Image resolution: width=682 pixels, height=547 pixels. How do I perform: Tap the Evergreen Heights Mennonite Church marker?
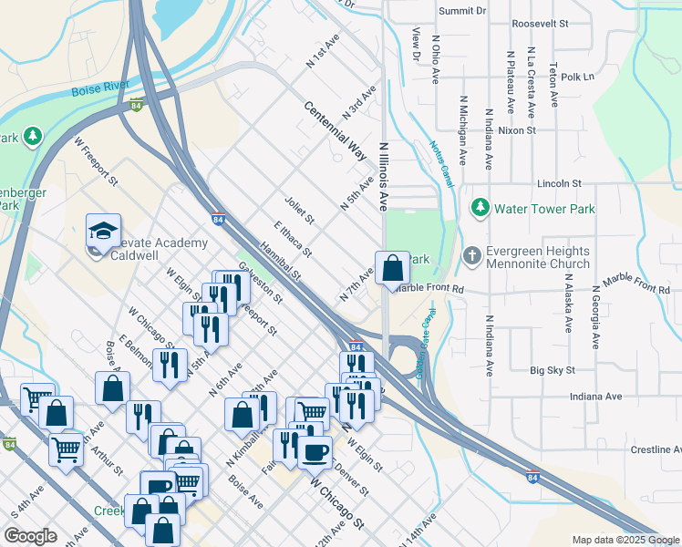pyautogui.click(x=471, y=253)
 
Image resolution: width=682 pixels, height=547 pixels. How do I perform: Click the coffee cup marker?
pyautogui.click(x=315, y=450)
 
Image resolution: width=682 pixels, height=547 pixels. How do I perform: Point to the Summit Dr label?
pyautogui.click(x=462, y=11)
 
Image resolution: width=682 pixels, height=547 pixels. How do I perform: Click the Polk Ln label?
pyautogui.click(x=577, y=77)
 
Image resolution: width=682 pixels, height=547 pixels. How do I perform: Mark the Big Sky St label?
pyautogui.click(x=553, y=371)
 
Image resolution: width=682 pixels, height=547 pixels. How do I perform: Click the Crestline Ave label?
pyautogui.click(x=656, y=450)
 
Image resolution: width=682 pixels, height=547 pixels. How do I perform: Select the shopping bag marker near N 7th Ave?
pyautogui.click(x=392, y=268)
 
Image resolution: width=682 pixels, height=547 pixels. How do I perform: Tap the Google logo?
pyautogui.click(x=30, y=536)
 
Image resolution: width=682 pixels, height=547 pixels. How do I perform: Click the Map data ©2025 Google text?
pyautogui.click(x=625, y=540)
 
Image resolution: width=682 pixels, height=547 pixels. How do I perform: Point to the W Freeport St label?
pyautogui.click(x=97, y=162)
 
